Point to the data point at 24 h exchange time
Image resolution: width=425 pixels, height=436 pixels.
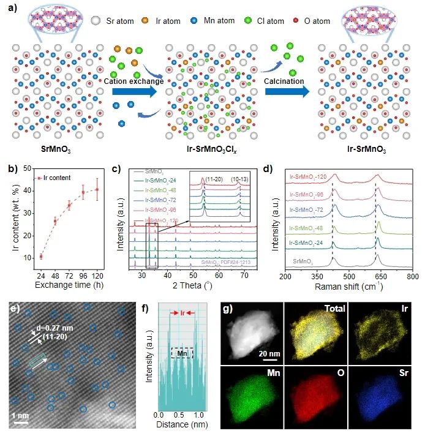pos(41,257)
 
